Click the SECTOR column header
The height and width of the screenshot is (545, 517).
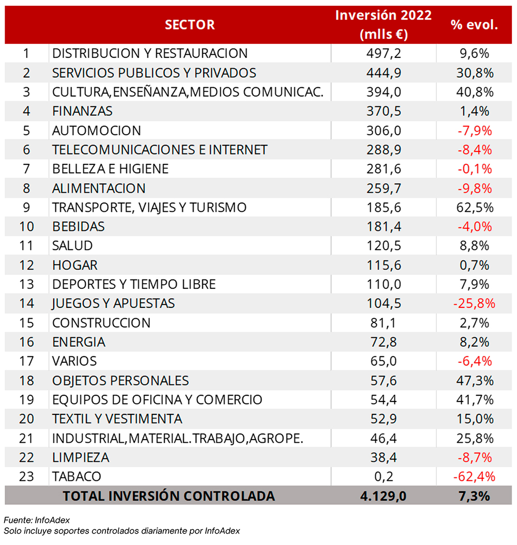pyautogui.click(x=190, y=25)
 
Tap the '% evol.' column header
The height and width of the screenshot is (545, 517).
pyautogui.click(x=474, y=25)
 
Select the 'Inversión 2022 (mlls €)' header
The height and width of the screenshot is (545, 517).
pyautogui.click(x=384, y=25)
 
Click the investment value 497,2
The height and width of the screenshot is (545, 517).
pyautogui.click(x=384, y=54)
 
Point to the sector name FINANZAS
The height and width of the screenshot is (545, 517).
pyautogui.click(x=82, y=111)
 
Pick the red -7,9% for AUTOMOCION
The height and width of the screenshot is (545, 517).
pyautogui.click(x=475, y=131)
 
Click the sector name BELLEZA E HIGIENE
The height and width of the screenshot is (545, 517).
pyautogui.click(x=110, y=169)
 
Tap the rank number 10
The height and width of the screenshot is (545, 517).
pyautogui.click(x=26, y=227)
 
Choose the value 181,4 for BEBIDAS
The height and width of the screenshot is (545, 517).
pyautogui.click(x=384, y=227)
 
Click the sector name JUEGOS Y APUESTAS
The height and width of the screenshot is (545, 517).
pyautogui.click(x=113, y=303)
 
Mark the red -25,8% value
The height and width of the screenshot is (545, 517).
pyautogui.click(x=474, y=303)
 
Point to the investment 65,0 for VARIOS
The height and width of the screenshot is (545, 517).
pyautogui.click(x=384, y=361)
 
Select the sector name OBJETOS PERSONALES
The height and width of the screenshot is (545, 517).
pyautogui.click(x=120, y=381)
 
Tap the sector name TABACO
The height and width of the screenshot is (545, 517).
pyautogui.click(x=77, y=476)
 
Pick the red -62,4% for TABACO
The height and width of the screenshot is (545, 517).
pyautogui.click(x=474, y=476)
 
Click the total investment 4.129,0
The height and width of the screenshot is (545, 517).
pyautogui.click(x=384, y=496)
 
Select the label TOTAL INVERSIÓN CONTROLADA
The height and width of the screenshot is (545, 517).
pyautogui.click(x=169, y=496)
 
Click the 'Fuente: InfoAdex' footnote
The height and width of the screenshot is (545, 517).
pyautogui.click(x=37, y=520)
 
